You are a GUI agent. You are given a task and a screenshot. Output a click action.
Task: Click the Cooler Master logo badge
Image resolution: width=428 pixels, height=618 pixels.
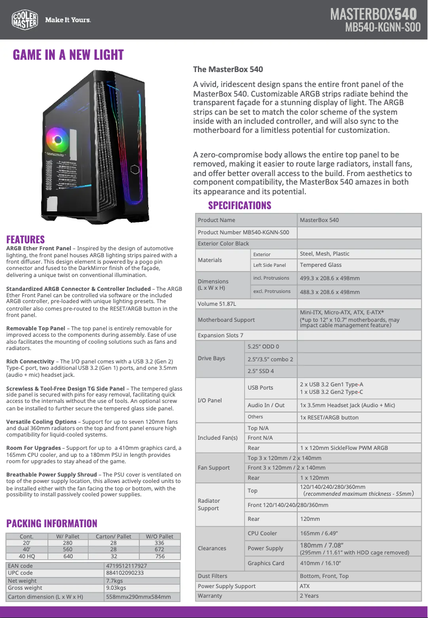(x=25, y=20)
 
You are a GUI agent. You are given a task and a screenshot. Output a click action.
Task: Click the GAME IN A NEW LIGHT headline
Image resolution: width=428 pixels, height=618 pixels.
(x=68, y=55)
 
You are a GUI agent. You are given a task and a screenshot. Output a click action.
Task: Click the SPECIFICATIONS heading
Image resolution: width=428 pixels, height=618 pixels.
(x=240, y=205)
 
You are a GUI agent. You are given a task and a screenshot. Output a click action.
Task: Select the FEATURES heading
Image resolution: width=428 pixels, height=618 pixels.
(x=25, y=239)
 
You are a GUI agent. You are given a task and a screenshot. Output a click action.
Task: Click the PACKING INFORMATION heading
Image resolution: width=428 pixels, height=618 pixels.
(x=52, y=523)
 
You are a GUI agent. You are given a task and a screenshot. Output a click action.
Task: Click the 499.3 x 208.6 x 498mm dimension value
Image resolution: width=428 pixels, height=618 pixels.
(x=330, y=278)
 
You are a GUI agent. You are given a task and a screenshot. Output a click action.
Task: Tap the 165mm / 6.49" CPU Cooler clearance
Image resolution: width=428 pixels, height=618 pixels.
(x=319, y=533)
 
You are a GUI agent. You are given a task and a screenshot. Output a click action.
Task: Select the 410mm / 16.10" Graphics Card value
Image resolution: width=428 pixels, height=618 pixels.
(x=320, y=563)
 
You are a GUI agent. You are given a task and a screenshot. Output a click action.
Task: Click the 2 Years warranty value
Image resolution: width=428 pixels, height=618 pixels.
(x=309, y=596)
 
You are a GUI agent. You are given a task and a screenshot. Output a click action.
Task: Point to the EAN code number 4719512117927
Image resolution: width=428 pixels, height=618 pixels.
(x=126, y=566)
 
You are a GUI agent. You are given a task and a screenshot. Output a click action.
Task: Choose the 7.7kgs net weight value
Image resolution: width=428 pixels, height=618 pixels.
(x=115, y=581)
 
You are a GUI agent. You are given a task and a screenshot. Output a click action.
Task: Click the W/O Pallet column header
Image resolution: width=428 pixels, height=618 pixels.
(x=160, y=536)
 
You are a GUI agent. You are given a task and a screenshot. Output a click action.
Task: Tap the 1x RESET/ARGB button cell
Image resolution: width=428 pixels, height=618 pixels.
(x=329, y=417)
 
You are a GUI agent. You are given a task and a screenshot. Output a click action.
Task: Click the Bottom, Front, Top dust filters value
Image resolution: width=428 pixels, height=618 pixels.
(x=324, y=576)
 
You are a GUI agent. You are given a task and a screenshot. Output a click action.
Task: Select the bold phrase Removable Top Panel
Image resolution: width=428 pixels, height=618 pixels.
(x=36, y=328)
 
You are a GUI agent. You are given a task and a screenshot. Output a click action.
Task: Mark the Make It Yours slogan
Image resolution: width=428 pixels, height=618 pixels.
(x=68, y=20)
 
